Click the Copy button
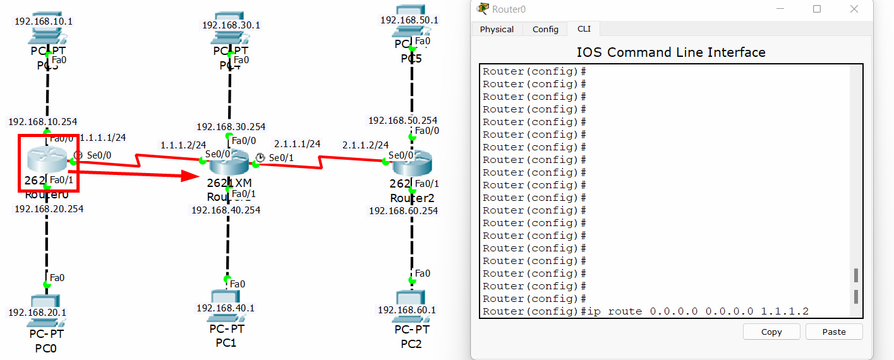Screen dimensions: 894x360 (x=771, y=332)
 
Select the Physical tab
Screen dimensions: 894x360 (x=497, y=29)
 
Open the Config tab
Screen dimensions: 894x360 (x=545, y=29)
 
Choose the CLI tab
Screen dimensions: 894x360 (x=584, y=29)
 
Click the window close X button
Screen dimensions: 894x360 (x=854, y=9)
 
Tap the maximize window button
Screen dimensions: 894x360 (x=817, y=9)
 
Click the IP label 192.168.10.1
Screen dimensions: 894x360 (x=44, y=21)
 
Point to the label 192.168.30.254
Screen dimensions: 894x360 (x=231, y=126)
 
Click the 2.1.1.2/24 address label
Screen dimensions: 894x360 (x=365, y=145)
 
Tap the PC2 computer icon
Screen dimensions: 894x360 (x=411, y=298)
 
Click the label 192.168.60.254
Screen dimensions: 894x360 (x=403, y=211)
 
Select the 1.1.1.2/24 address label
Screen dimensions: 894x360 (x=183, y=145)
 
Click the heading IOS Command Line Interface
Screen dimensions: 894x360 (x=670, y=52)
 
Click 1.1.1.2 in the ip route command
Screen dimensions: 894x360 (x=784, y=311)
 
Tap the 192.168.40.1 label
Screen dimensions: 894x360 (x=226, y=308)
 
